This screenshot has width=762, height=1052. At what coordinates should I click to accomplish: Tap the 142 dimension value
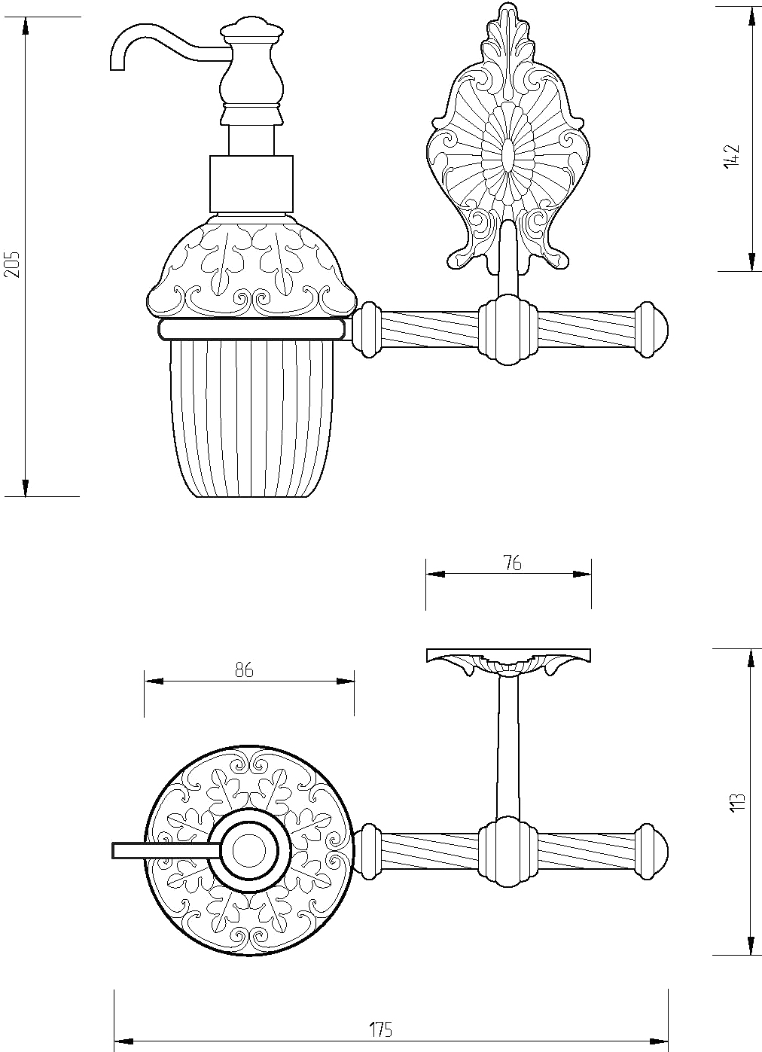click(x=731, y=156)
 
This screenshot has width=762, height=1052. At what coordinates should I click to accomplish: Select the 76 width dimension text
click(x=512, y=563)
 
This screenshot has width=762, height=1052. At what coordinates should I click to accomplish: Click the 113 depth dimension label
click(x=738, y=801)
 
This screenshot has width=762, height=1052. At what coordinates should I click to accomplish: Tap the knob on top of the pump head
click(x=252, y=27)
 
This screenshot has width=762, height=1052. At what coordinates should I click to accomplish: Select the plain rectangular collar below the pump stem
click(x=251, y=184)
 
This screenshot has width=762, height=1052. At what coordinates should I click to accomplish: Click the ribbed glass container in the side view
click(x=251, y=418)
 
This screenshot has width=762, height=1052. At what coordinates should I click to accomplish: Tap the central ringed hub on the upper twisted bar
click(x=508, y=330)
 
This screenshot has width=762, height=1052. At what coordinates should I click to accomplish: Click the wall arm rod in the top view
click(x=508, y=748)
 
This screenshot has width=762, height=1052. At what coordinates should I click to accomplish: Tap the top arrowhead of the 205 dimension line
click(x=26, y=27)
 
